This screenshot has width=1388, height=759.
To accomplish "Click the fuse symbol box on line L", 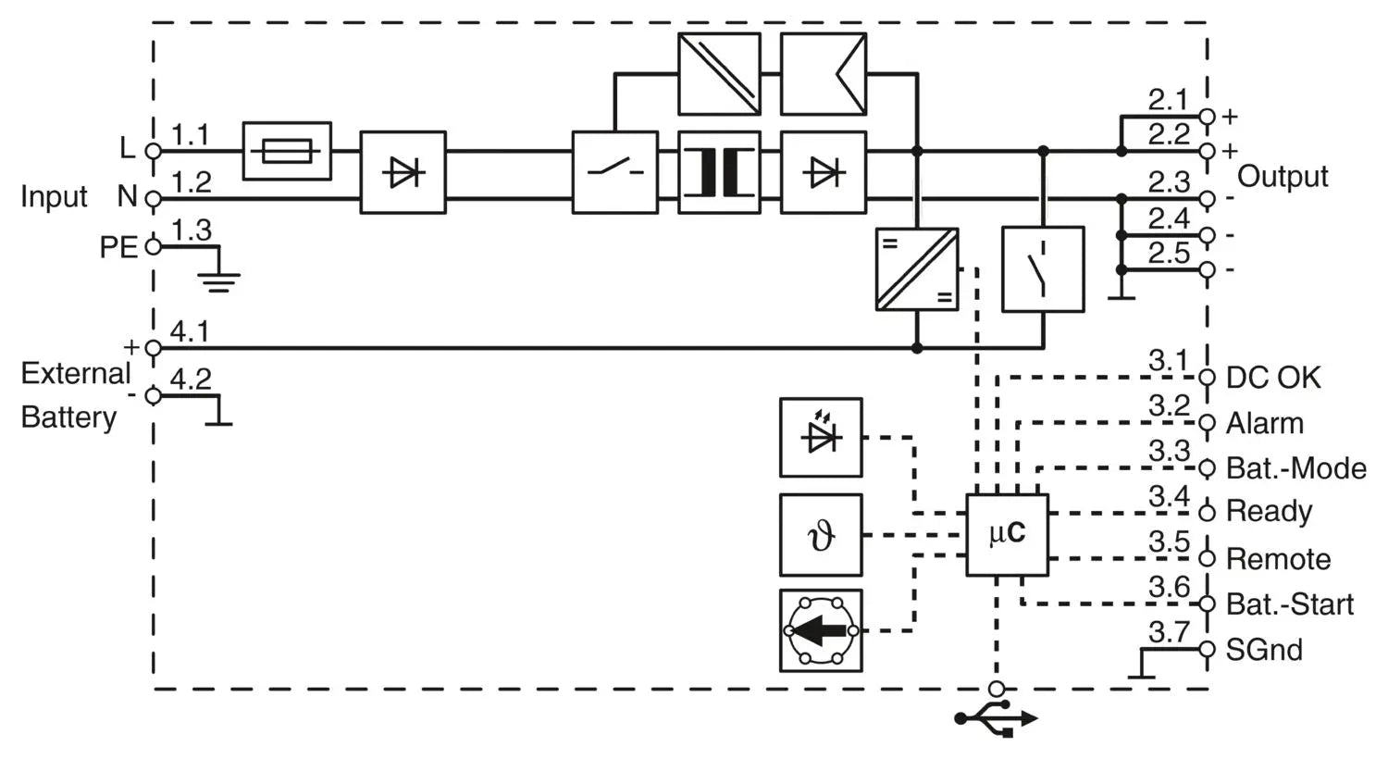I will point(287,150).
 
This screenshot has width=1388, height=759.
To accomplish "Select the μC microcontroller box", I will point(1007,535).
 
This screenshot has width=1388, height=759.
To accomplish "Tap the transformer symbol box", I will point(719,172).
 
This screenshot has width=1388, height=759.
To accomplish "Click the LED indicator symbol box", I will point(821,438).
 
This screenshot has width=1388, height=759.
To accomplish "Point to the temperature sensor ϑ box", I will point(821,535).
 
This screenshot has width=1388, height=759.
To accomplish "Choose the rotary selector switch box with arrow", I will point(821,630).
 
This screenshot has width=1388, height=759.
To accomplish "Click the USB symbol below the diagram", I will point(997,718).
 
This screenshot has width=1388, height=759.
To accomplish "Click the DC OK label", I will point(1273,378).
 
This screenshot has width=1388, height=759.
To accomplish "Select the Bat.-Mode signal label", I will point(1295,468).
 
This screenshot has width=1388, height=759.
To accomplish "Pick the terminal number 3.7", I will point(1169,632).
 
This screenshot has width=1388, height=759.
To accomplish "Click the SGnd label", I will point(1264,650).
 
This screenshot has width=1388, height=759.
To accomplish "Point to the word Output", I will point(1283,176).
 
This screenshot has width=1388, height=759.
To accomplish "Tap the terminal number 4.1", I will point(190,330).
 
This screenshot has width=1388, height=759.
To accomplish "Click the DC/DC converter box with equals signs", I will point(917,268).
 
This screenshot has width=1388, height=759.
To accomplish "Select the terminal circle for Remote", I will point(1207,558).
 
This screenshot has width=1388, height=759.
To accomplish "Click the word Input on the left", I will point(54,196).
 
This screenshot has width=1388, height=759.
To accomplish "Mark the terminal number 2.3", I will point(1169,182).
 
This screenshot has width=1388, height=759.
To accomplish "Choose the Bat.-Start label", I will point(1289,604).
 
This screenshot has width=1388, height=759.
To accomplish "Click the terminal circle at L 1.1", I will point(154,151).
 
